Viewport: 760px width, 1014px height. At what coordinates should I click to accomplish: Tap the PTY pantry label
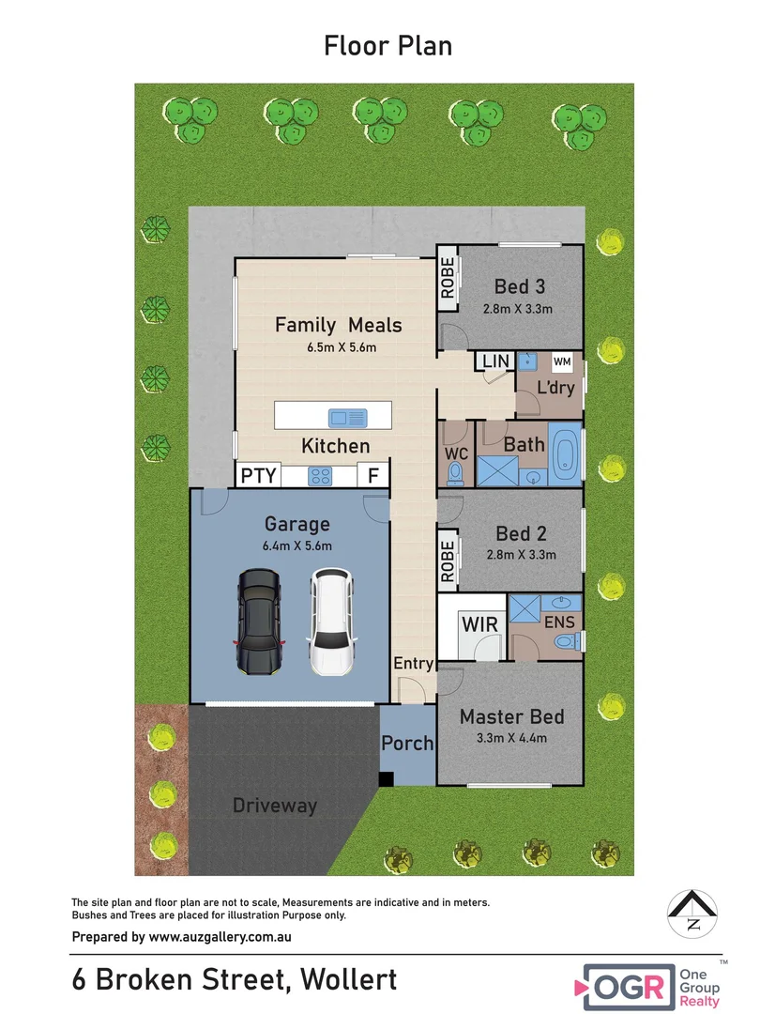[x=259, y=475]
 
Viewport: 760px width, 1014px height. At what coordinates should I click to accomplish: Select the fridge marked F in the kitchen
[x=372, y=475]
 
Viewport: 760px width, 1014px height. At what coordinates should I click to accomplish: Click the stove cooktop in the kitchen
[x=321, y=476]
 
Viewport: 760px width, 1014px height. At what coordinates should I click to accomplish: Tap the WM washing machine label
[x=562, y=361]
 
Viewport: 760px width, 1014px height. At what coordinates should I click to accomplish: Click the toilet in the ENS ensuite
[x=567, y=641]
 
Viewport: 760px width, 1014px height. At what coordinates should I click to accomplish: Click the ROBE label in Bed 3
[x=448, y=278]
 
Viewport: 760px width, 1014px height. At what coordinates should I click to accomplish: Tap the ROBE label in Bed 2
[x=448, y=561]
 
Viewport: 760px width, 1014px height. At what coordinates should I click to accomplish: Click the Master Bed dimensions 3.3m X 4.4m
[x=512, y=738]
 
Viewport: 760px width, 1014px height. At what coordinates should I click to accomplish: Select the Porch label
[x=407, y=744]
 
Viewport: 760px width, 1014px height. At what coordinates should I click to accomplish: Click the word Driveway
[x=275, y=806]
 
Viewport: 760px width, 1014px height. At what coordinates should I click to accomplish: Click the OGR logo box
[x=629, y=987]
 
